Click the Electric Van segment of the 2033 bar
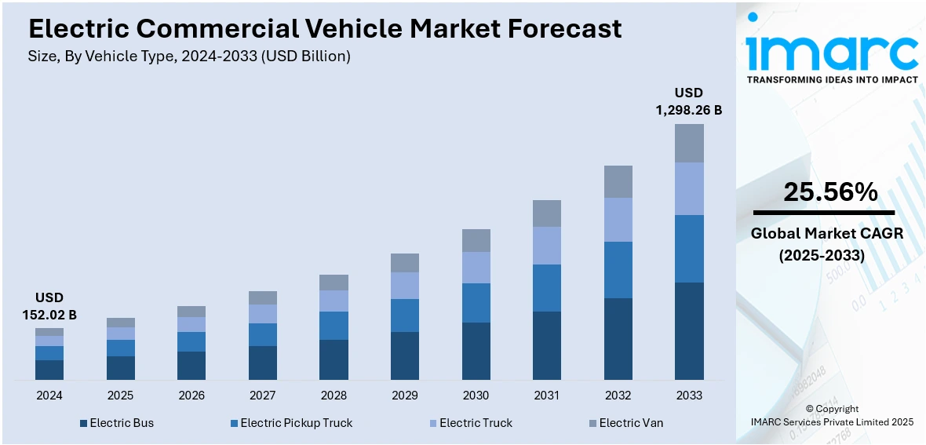click(x=689, y=143)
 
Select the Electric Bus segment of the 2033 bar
click(x=689, y=331)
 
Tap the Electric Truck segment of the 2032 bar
click(x=618, y=220)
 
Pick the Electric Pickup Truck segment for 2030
click(x=476, y=303)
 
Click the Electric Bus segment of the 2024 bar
click(x=49, y=370)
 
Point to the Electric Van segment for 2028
click(x=334, y=283)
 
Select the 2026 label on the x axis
click(x=191, y=395)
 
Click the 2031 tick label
click(x=546, y=395)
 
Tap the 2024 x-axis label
click(x=49, y=395)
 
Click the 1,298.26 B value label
click(x=689, y=111)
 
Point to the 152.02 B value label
click(x=49, y=315)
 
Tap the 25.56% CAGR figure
click(x=830, y=192)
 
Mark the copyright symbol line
click(x=832, y=409)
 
